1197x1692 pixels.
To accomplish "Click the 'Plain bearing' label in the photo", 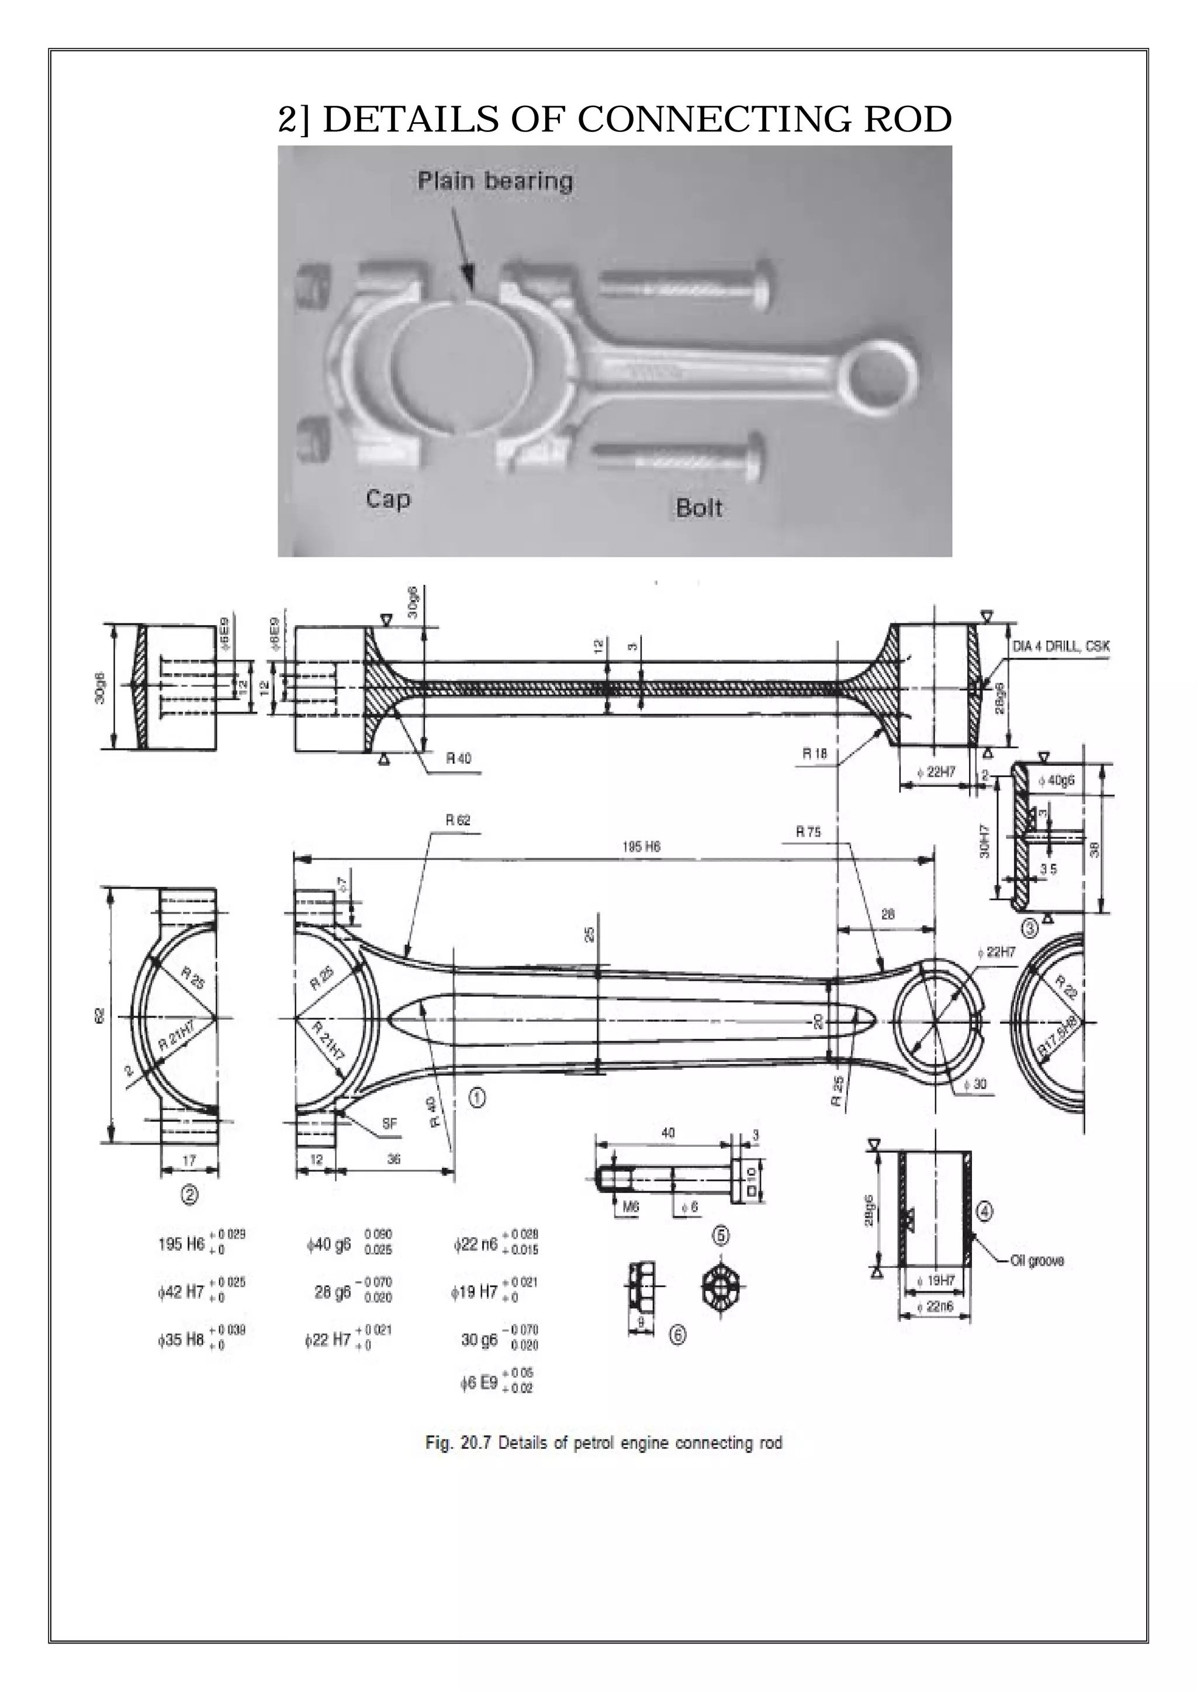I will pos(494,181).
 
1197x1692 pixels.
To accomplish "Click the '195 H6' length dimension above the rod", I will pos(641,847).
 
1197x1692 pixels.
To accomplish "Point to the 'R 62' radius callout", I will pos(457,820).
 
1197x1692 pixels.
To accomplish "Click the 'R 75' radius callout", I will pos(808,831).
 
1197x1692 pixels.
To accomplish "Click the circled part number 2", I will pos(189,1195).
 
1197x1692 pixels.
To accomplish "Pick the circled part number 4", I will pos(985,1210).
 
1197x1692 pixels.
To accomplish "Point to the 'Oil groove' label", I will pos(1036,1261).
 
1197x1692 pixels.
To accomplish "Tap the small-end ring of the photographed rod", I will pos(883,377).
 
